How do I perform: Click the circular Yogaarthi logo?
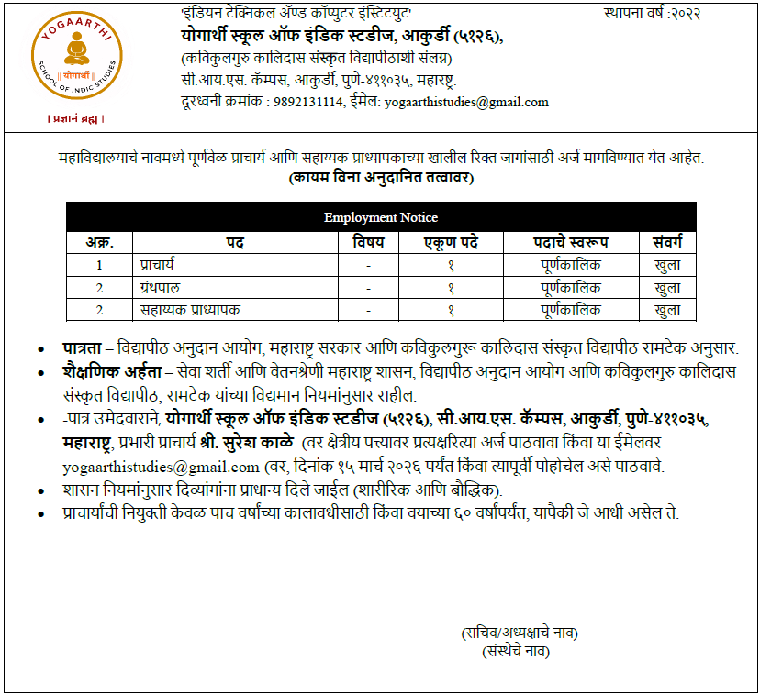(x=75, y=61)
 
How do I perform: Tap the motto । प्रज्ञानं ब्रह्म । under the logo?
(x=75, y=119)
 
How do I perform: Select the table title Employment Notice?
(x=380, y=217)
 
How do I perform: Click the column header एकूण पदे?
(x=451, y=242)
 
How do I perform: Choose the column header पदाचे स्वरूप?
(x=571, y=242)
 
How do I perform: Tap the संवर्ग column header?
(x=667, y=242)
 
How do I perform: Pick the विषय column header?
(x=368, y=242)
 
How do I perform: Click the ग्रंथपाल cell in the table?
(x=162, y=288)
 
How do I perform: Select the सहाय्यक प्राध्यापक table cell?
(x=190, y=310)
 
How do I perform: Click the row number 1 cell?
(x=99, y=266)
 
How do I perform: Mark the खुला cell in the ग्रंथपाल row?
(x=667, y=288)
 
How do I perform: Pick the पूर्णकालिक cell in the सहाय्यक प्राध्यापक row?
(x=571, y=310)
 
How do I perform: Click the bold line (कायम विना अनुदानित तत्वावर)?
(x=381, y=177)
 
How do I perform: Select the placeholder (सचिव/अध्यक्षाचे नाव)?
(x=520, y=633)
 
